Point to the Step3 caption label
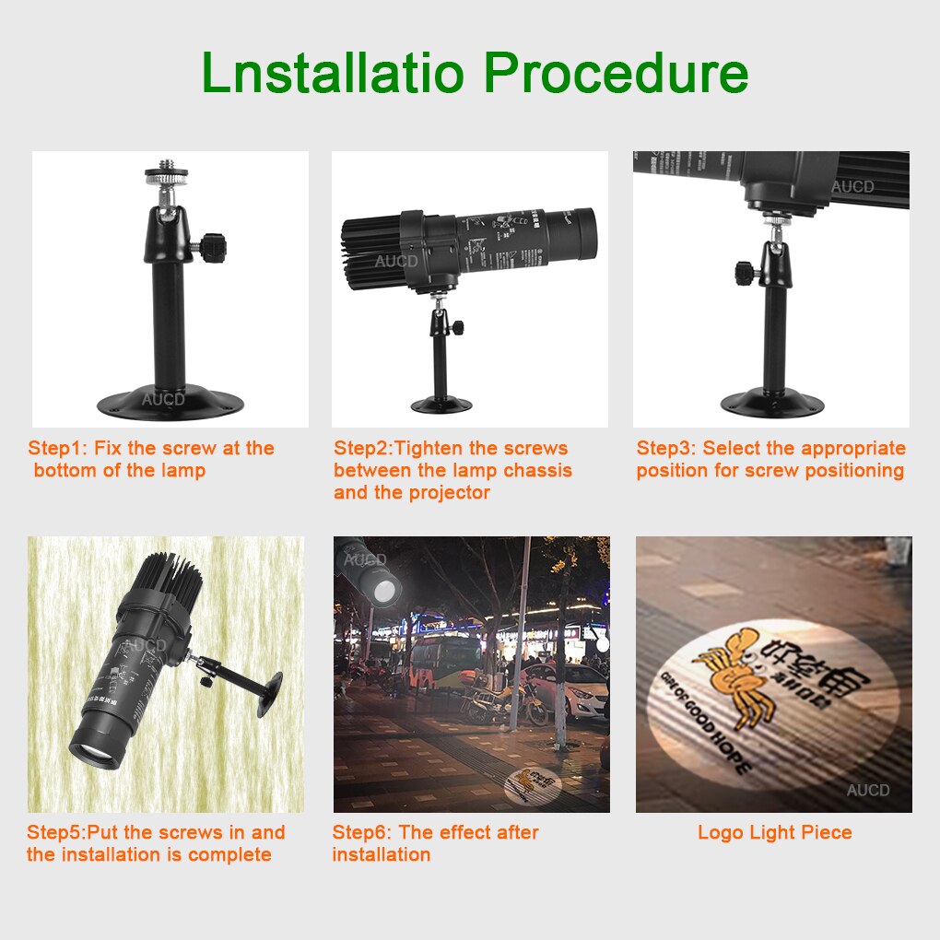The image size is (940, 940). coord(666,449)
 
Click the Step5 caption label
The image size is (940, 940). coord(56,833)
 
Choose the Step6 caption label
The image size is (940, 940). coord(362,833)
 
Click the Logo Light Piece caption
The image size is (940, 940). coord(774,833)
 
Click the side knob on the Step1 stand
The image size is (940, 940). coord(214,245)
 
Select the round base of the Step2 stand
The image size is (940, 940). coord(441,404)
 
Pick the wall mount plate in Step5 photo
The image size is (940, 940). coord(270,694)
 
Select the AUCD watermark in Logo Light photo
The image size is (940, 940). coord(868,790)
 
